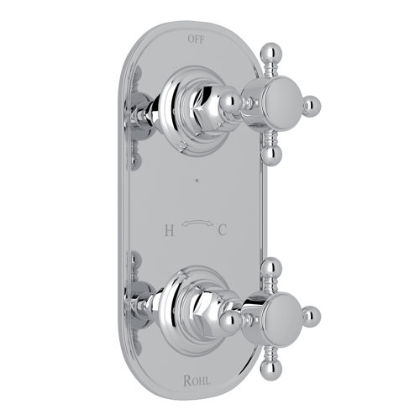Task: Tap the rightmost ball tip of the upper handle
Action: coord(312,106)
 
